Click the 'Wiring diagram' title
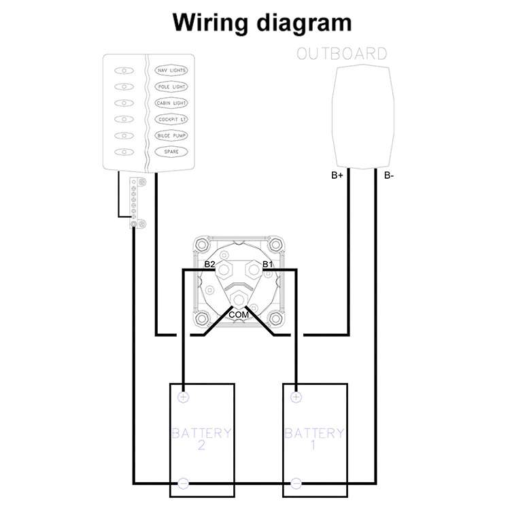(262, 22)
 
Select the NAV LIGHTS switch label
(171, 71)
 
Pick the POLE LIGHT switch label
(171, 87)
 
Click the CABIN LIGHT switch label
(171, 103)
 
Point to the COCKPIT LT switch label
(171, 120)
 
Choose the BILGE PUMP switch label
(171, 135)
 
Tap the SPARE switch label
(171, 152)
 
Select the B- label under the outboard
(389, 175)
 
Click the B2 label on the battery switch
(209, 264)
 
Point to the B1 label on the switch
(267, 264)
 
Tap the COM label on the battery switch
(239, 316)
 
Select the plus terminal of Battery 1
(296, 396)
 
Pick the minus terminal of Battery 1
(296, 483)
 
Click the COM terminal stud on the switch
(239, 299)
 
